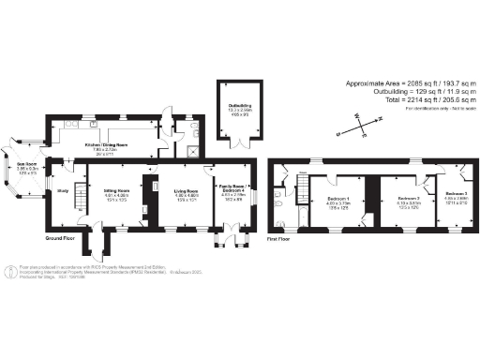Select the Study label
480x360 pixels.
coord(62,191)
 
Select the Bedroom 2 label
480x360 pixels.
coord(407,199)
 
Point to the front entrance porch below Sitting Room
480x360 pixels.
coord(95,244)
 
